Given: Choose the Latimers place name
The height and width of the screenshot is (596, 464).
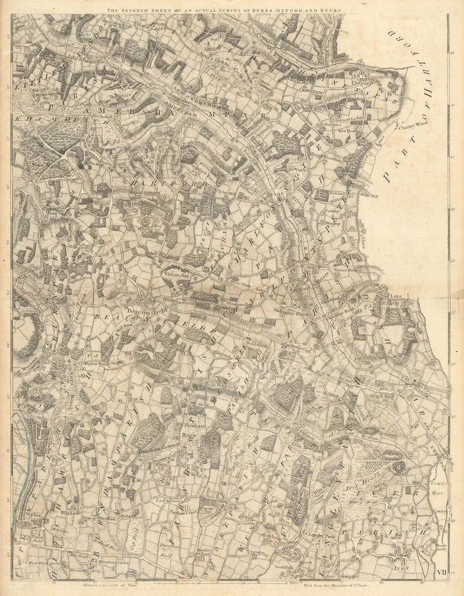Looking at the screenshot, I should pos(341,60).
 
